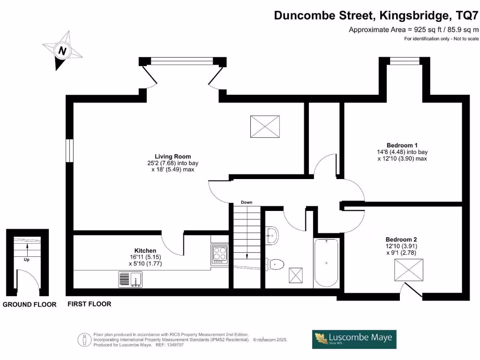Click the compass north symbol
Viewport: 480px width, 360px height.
61,50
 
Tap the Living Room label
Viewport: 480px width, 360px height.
172,157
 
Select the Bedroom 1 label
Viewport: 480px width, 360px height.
402,145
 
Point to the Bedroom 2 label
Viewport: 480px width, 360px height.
401,239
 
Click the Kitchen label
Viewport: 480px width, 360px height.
145,251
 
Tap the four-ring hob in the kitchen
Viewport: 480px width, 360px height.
219,255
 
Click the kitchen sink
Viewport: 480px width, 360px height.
130,280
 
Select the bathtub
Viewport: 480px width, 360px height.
326,262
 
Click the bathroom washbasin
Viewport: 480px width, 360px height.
272,234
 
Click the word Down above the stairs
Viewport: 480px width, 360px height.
247,202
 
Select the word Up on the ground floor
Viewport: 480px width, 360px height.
27,258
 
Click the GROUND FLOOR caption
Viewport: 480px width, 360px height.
30,305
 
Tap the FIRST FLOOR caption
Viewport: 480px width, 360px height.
90,304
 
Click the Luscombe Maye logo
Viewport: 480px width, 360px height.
354,339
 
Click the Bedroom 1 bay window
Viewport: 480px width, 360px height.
405,60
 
